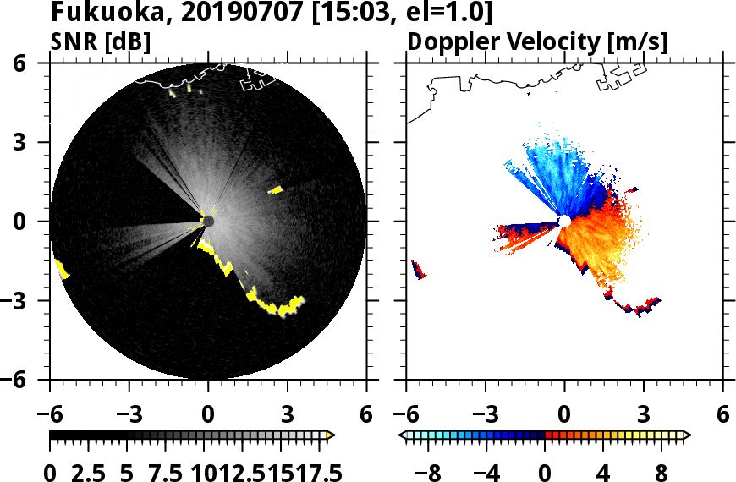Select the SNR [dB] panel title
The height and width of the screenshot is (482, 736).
coord(101,41)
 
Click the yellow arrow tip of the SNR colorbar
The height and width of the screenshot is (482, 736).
coord(331,435)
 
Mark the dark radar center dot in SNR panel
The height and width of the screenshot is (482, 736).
coord(208,222)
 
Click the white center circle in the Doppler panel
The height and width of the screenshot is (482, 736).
coord(564,222)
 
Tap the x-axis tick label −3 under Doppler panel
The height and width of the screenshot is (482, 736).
coord(485,415)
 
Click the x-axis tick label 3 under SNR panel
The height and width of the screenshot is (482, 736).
coord(288,415)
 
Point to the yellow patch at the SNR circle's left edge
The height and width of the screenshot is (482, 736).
coord(62,270)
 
